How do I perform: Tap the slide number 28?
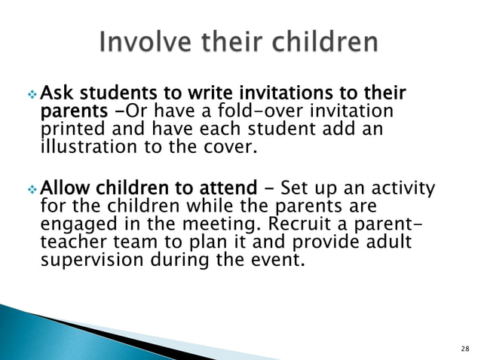[x=463, y=348]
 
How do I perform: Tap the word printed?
[x=67, y=129]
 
